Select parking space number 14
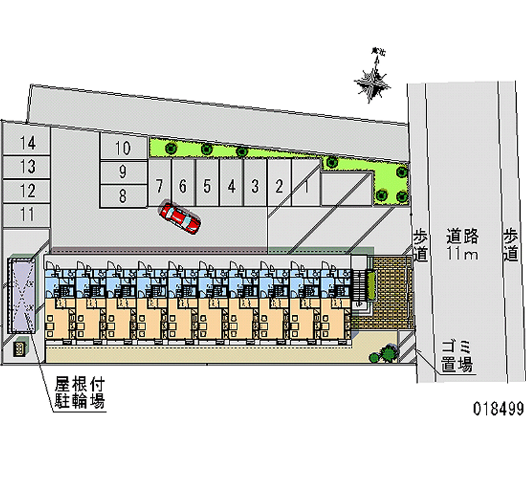[x=27, y=142]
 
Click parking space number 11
[x=27, y=214]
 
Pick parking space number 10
[x=122, y=147]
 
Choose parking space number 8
[x=122, y=195]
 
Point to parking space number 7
[x=159, y=187]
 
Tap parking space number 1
[x=306, y=187]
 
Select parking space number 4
[x=231, y=187]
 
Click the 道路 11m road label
[x=464, y=244]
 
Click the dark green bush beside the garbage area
[x=386, y=353]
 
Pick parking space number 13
[x=27, y=167]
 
